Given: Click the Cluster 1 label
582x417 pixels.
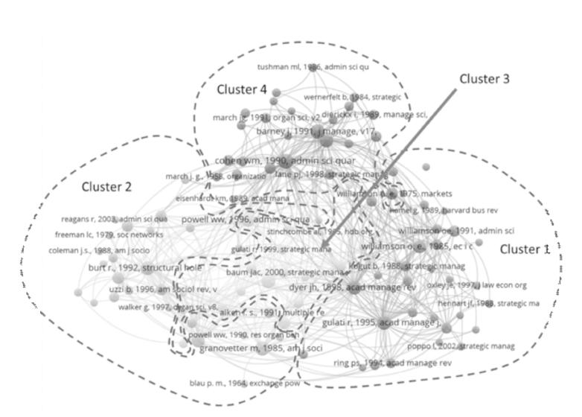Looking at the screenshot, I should point(524,249).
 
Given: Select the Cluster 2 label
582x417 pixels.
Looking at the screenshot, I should point(106,187).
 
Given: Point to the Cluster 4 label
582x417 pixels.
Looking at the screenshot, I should point(242,89).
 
